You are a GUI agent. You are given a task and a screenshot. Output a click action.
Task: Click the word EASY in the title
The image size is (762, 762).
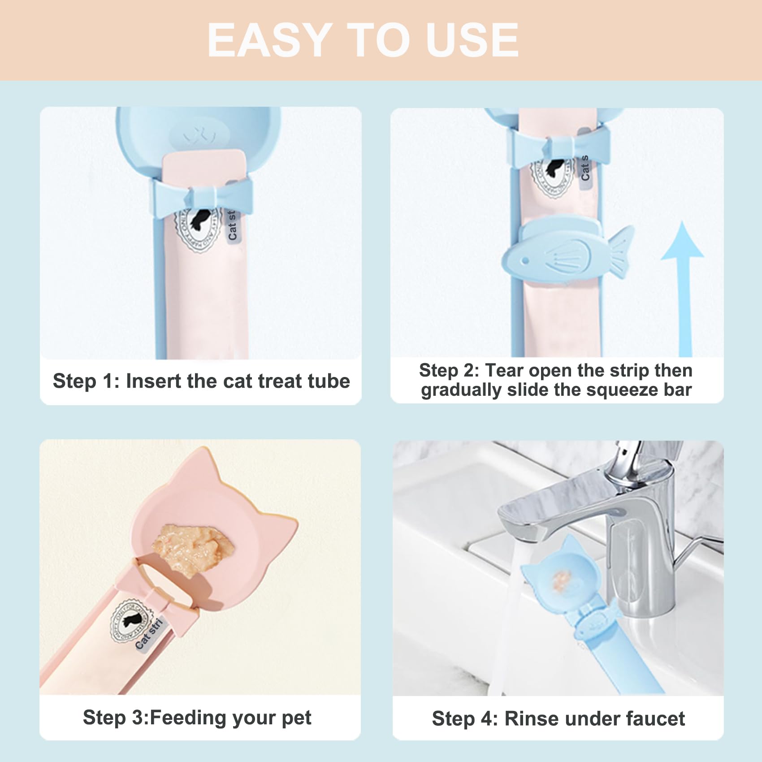(x=269, y=40)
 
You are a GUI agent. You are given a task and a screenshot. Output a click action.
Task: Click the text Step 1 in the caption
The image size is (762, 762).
(x=85, y=381)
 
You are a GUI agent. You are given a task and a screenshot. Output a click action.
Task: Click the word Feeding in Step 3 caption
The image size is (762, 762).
(x=188, y=718)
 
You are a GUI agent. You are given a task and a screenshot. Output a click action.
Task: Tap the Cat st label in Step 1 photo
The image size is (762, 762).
(x=232, y=225)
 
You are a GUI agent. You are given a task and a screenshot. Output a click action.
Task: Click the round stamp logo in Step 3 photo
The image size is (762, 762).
(x=129, y=621)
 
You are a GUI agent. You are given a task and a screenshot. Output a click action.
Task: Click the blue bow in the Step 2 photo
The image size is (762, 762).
(x=558, y=146)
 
